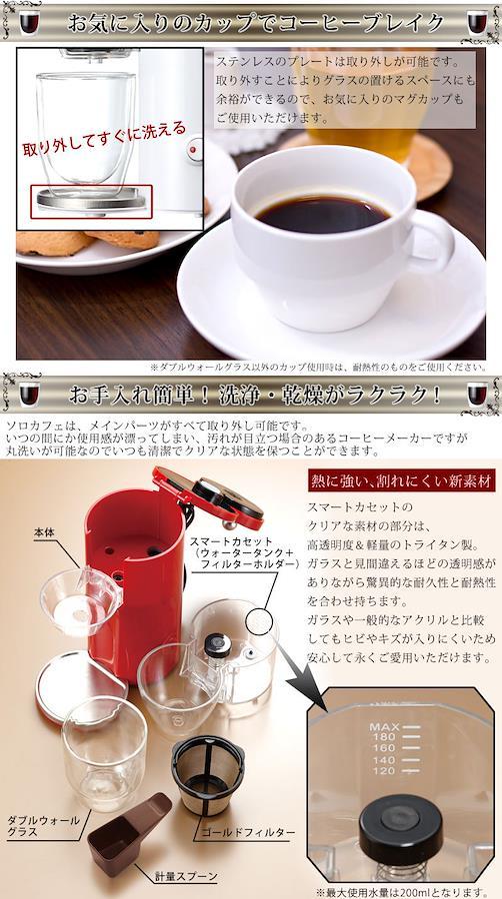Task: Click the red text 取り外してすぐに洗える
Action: (x=104, y=138)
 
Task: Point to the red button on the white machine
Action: (x=193, y=149)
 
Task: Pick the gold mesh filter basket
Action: (x=208, y=775)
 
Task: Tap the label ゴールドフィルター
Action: (x=248, y=832)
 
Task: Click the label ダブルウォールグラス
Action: (x=43, y=826)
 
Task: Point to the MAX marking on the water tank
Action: (x=384, y=727)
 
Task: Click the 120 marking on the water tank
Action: (x=384, y=771)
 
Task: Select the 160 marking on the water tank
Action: (x=384, y=748)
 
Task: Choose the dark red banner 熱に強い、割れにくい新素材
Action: (x=401, y=479)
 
